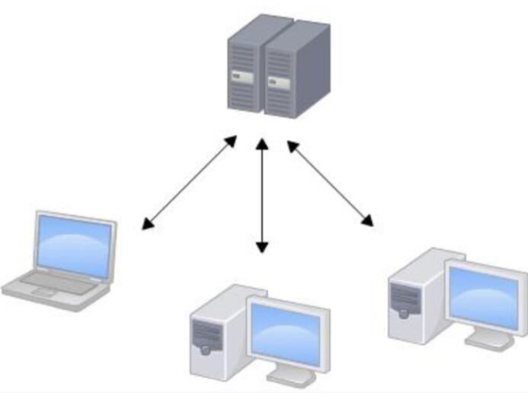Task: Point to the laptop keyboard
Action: coord(57,282)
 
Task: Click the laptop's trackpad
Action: coord(43,291)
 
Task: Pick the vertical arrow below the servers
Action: coord(262,195)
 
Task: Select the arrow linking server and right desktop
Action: coord(329,183)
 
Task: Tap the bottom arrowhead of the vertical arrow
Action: coord(262,247)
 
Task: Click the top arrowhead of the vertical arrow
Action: coord(262,143)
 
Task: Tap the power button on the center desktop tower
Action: coord(205,350)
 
